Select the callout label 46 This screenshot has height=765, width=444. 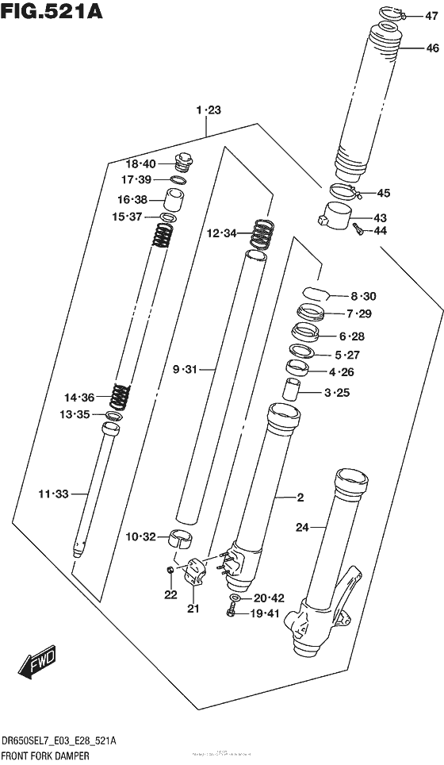click(431, 48)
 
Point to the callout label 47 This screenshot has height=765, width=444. click(431, 15)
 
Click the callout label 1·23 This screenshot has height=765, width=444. click(207, 111)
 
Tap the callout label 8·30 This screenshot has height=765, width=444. click(363, 296)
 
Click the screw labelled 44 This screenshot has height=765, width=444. click(356, 229)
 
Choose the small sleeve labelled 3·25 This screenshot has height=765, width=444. click(293, 390)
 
